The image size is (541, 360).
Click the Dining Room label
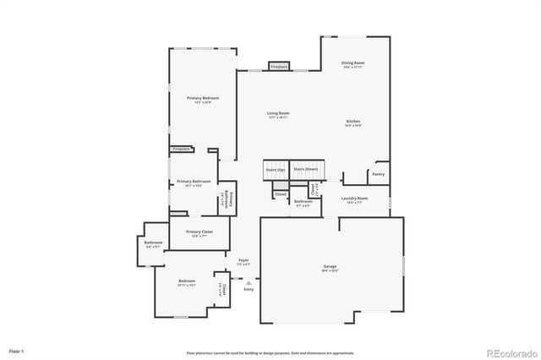coord(353,63)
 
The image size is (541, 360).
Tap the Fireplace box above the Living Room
coord(279,66)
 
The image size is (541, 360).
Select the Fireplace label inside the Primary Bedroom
coord(181,149)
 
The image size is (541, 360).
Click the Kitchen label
coord(353,122)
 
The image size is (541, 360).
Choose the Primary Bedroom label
coord(203,98)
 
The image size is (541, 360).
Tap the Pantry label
coord(378,174)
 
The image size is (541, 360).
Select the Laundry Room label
coord(354,199)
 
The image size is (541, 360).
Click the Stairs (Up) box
coord(275,170)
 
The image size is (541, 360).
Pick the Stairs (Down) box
coord(305,168)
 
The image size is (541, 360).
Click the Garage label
coord(330,267)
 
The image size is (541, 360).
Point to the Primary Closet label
coord(199,232)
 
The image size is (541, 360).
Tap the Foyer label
coord(243,260)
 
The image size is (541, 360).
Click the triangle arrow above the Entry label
coord(249,283)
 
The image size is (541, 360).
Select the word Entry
coord(249,290)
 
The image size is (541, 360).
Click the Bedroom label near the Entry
coord(186,281)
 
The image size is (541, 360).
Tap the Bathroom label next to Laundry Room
coord(303,201)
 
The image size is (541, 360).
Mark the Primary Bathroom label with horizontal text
coord(194,182)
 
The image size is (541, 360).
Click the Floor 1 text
coord(17,350)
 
